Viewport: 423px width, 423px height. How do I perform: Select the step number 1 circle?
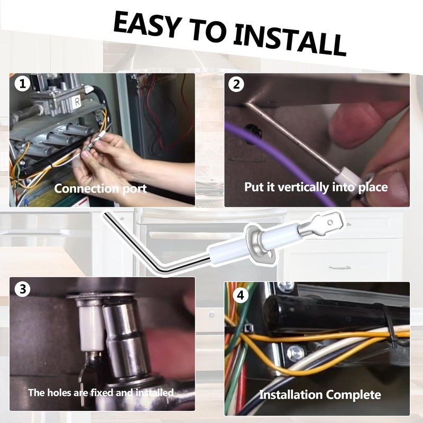22,84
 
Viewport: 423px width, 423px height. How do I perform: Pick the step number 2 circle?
236,84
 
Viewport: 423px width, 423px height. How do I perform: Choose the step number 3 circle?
23,289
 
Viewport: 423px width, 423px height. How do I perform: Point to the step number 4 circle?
240,295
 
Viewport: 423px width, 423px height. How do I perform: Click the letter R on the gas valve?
77,102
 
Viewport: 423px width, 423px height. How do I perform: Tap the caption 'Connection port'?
100,189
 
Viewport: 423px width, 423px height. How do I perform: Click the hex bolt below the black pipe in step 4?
296,353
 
